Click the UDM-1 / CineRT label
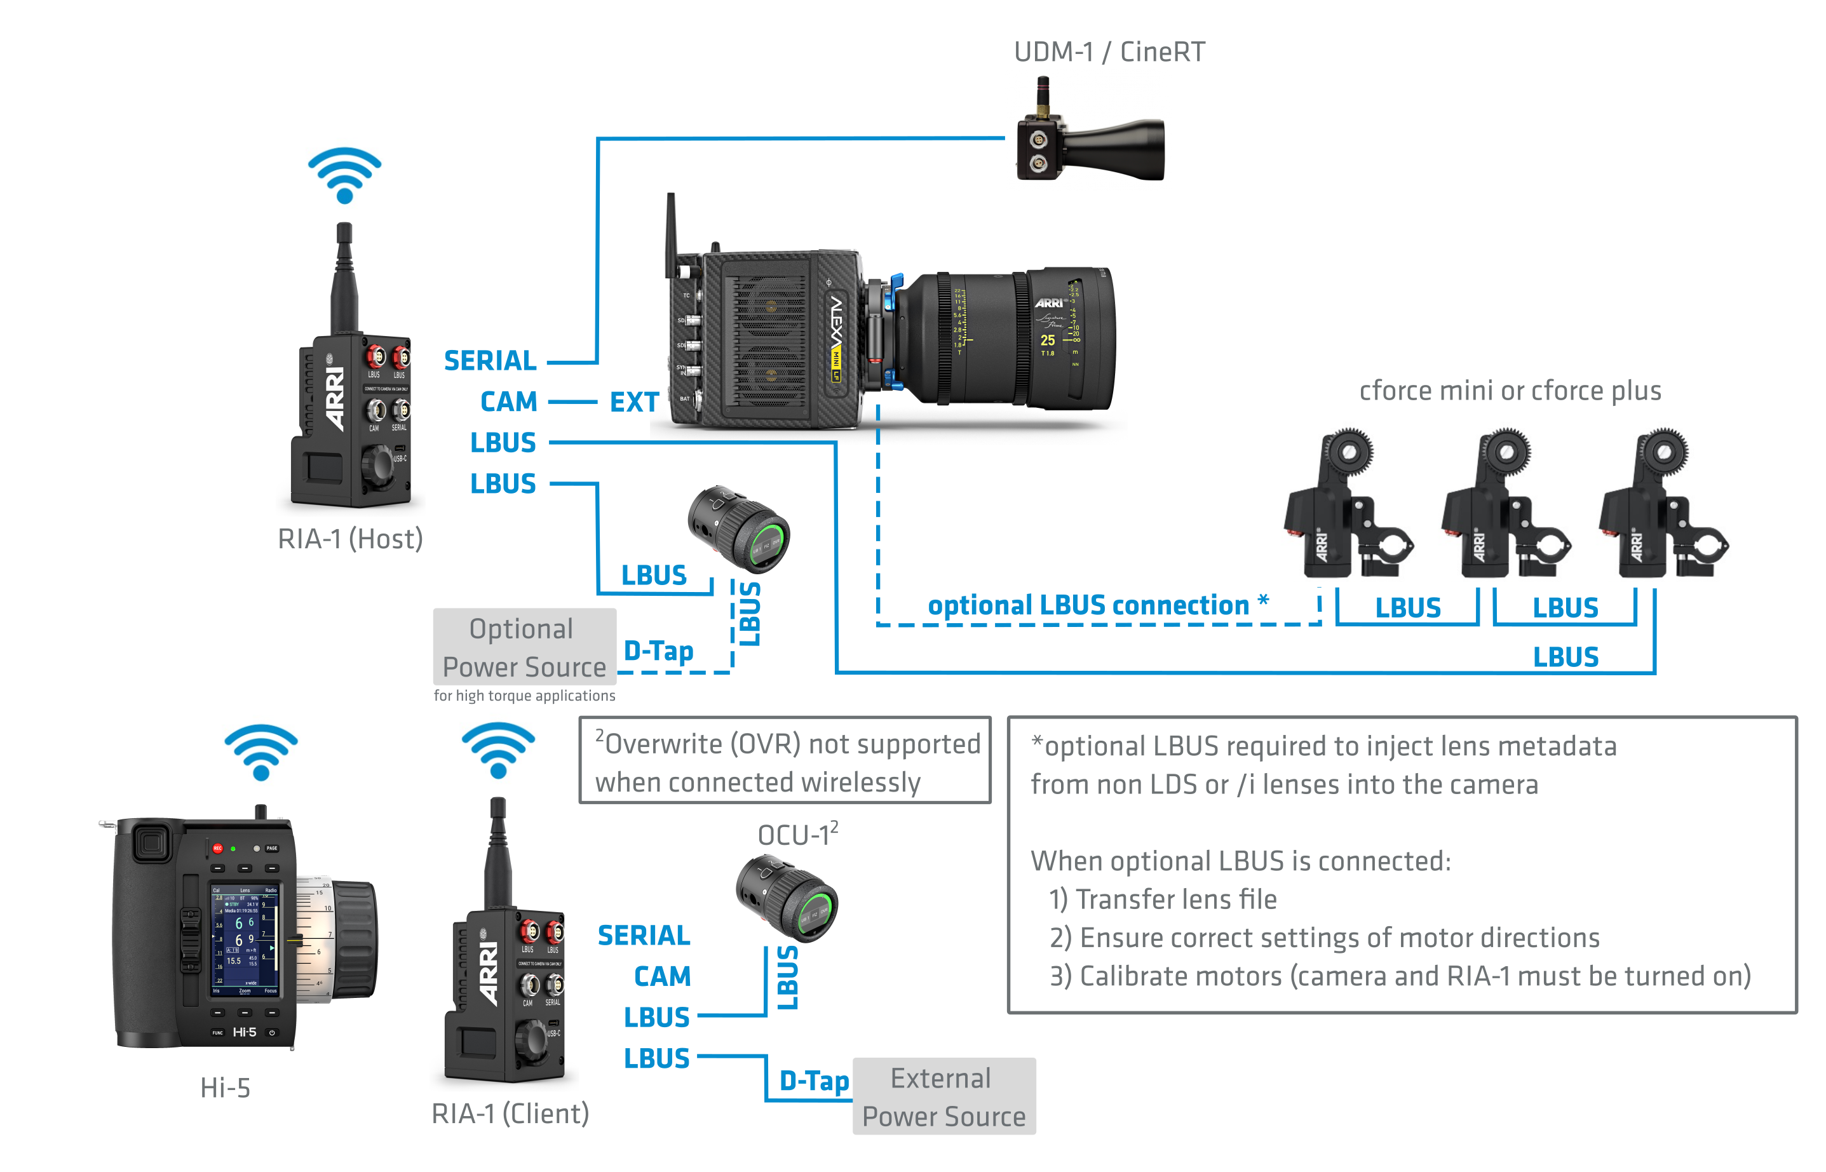1109,51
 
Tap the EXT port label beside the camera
634,402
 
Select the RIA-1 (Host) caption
350,539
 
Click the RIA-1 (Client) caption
510,1114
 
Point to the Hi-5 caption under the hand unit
226,1088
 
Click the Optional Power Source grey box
524,647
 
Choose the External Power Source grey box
944,1096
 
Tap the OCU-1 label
796,835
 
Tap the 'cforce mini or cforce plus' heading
1510,391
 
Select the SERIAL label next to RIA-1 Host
490,361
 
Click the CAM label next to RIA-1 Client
662,976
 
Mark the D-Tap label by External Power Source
814,1081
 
